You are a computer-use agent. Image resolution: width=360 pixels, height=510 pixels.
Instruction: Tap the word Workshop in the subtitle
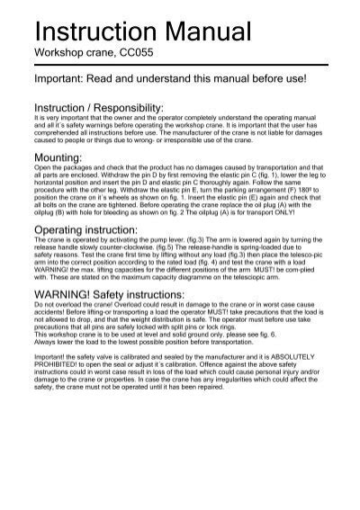58,55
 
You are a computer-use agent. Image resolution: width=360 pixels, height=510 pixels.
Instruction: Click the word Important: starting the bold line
65,80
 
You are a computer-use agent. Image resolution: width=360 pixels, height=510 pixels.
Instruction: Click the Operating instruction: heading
91,231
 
